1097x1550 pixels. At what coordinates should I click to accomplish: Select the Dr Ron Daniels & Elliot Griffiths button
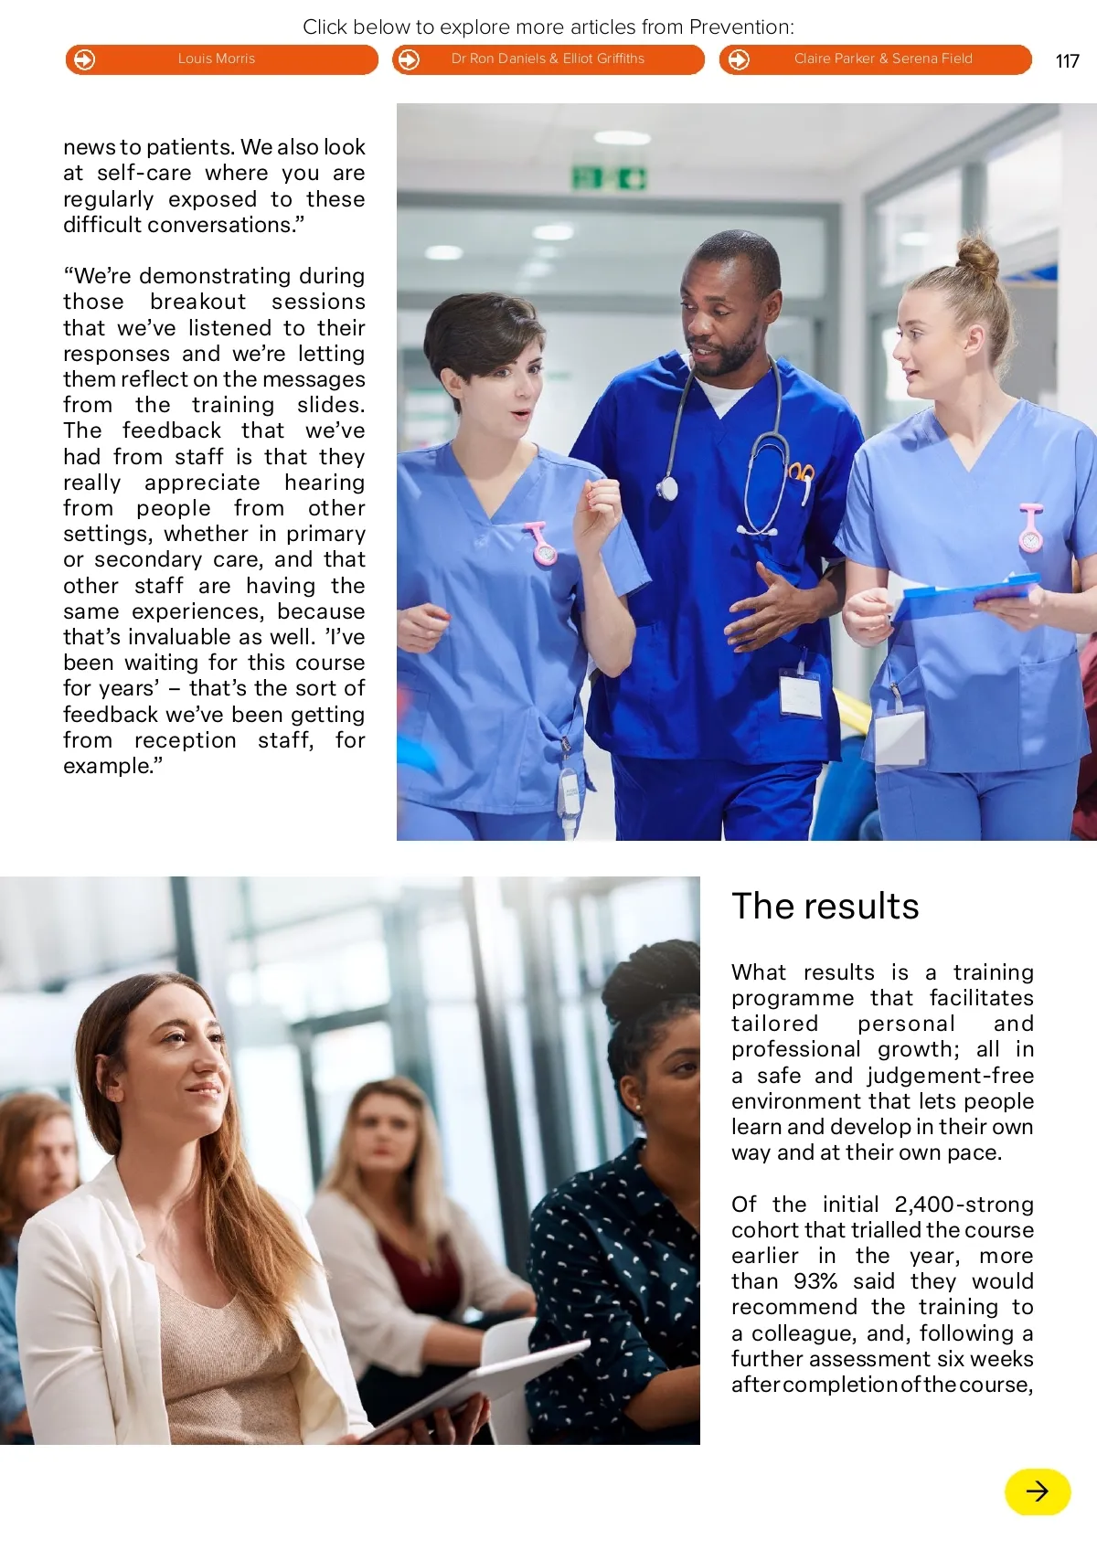point(548,59)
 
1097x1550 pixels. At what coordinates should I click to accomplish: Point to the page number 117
point(1067,61)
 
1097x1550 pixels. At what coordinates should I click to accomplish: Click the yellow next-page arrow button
point(1038,1492)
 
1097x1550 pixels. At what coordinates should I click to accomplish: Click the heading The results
point(825,907)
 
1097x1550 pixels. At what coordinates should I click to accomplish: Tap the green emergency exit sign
point(609,178)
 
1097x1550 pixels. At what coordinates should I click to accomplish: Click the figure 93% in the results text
point(815,1281)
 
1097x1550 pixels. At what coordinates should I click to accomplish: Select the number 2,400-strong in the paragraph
point(964,1205)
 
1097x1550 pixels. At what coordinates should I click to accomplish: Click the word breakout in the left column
point(197,302)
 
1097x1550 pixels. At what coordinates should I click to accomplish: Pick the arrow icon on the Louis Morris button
point(84,59)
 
